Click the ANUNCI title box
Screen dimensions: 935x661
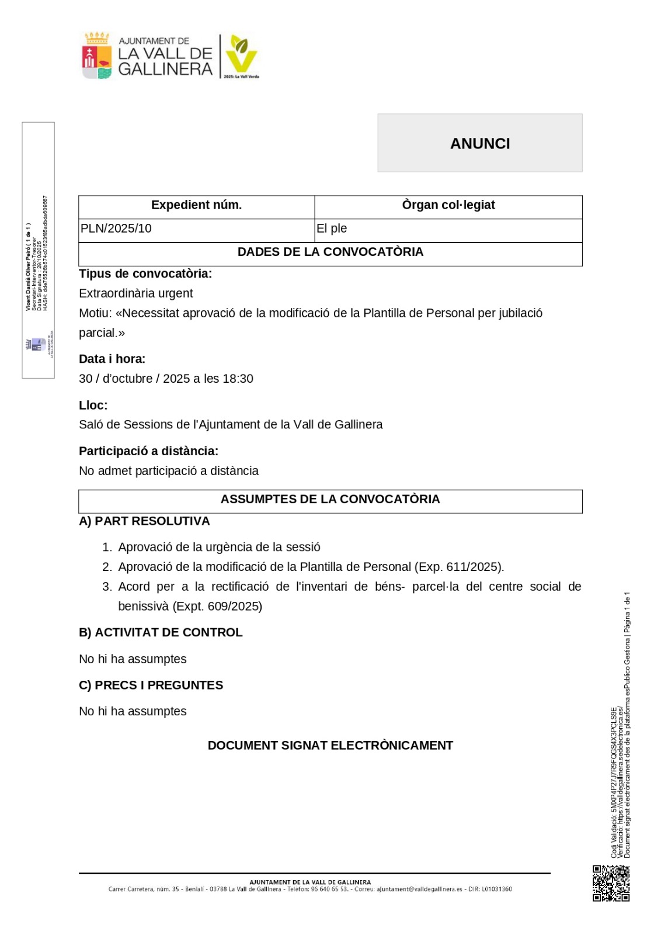479,143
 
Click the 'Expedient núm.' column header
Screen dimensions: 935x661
196,205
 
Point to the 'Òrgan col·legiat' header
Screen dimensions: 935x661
448,205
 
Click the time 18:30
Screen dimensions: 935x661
238,379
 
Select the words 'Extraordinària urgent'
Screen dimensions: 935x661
135,293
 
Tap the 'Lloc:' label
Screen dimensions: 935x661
93,405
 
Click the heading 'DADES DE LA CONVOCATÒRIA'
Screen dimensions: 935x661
330,252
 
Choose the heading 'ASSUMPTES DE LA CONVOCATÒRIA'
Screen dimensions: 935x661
330,499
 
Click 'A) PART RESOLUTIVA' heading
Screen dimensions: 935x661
144,521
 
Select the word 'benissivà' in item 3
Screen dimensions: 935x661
143,606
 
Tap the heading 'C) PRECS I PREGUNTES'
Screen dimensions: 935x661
151,685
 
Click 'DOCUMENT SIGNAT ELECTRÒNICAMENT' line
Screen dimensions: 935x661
330,745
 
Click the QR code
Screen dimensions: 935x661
611,883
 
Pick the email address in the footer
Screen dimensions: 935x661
419,889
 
